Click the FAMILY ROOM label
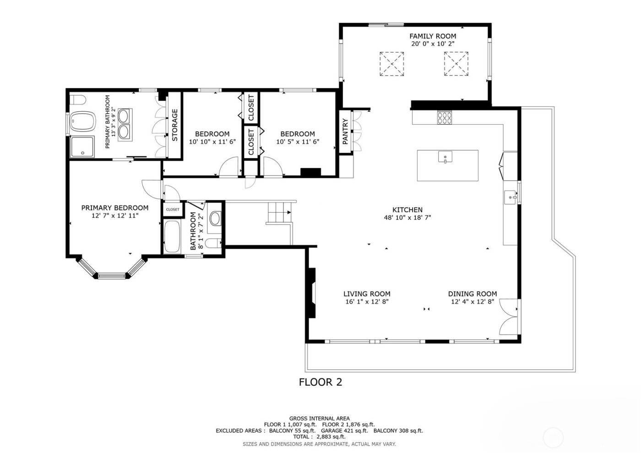432,36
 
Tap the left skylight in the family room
392,64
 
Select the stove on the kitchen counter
444,118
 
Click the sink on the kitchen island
445,158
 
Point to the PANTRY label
346,131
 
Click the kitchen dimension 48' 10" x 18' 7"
407,218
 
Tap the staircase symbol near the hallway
278,213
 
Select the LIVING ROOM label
367,294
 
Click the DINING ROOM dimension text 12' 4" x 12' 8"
472,302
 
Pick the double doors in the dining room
509,317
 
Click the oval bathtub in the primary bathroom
83,122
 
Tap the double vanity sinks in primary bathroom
124,124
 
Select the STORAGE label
174,125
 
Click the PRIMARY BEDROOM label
114,208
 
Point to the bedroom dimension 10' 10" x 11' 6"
212,142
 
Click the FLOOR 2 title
320,382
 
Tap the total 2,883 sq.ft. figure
320,437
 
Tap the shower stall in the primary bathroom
82,147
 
